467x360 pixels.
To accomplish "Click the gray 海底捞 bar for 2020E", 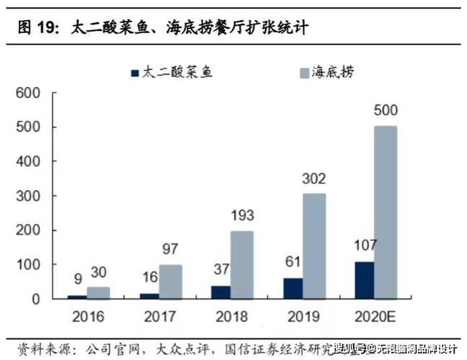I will click(x=385, y=212).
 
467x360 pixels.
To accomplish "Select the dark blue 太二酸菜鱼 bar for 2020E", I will click(x=364, y=280).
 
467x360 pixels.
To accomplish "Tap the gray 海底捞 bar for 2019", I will click(x=314, y=246).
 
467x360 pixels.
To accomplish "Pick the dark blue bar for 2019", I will click(x=293, y=288).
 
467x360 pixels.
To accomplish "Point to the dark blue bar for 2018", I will click(x=222, y=292).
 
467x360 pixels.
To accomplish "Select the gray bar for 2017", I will click(x=172, y=282).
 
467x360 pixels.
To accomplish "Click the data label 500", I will click(x=386, y=111).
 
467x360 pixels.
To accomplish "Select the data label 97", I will click(x=172, y=249).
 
